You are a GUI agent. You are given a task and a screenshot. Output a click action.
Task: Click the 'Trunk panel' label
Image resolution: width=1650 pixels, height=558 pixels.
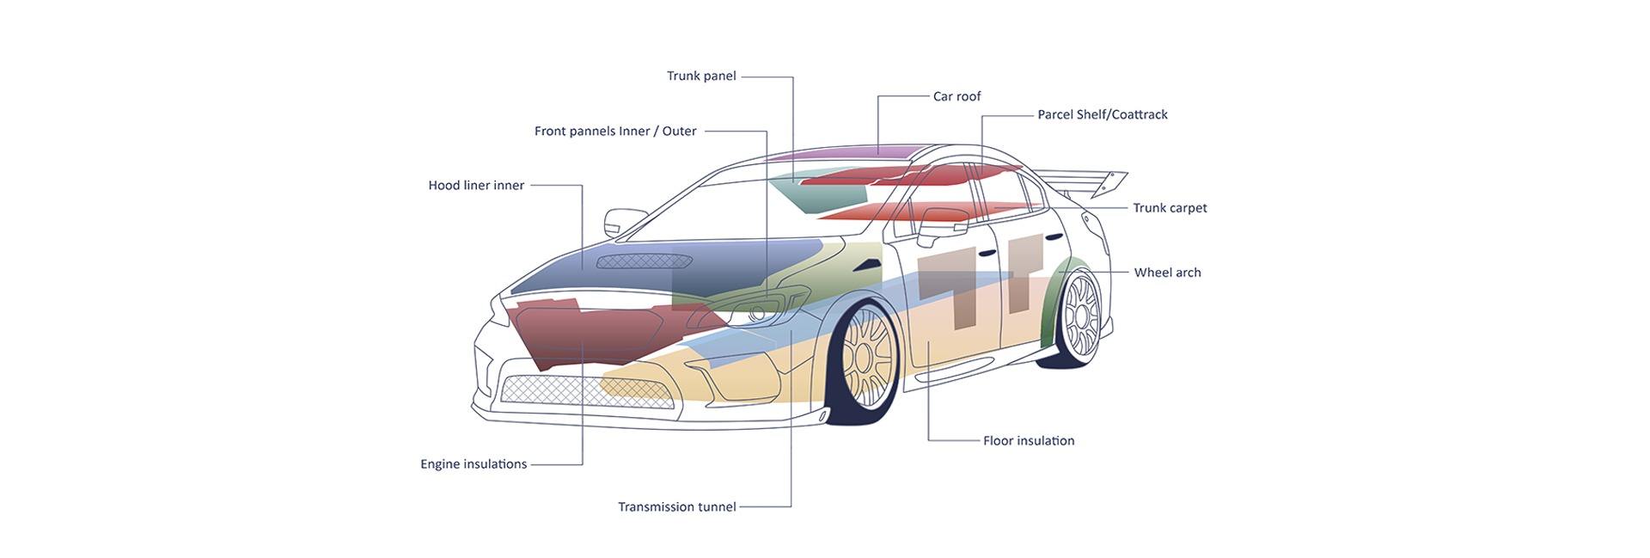(x=701, y=77)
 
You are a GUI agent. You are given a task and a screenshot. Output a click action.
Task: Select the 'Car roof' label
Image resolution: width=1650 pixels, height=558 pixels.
(x=956, y=97)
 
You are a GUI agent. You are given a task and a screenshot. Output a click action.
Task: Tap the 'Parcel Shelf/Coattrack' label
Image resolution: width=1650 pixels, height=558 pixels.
(x=1102, y=115)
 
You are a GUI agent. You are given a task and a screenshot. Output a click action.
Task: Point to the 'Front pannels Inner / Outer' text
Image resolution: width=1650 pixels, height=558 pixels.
(x=615, y=132)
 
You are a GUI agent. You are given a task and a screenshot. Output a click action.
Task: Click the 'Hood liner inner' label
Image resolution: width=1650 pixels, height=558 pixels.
(x=476, y=186)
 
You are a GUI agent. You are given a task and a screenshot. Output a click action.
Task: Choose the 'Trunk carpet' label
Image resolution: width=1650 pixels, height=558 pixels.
(x=1169, y=208)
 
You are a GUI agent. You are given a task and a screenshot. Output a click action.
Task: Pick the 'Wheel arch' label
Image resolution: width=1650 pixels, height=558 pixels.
(x=1167, y=273)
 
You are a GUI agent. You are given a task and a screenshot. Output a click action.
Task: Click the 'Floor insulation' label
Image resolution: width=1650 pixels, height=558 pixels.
(x=1028, y=441)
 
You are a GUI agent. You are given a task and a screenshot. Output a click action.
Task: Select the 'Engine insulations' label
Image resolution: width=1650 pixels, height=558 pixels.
(x=474, y=464)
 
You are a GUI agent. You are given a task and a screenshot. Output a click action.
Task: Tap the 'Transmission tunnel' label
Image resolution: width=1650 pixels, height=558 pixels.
(x=677, y=507)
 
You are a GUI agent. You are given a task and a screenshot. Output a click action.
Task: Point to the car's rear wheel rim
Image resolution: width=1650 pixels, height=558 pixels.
(x=1081, y=313)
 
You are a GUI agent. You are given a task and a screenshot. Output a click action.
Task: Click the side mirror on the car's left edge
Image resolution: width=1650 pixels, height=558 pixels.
(x=616, y=222)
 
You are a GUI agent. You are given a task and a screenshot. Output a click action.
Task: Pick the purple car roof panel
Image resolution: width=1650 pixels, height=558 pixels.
(x=842, y=155)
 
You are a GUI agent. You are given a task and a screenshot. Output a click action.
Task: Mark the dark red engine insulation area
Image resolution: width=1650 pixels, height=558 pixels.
(x=584, y=331)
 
